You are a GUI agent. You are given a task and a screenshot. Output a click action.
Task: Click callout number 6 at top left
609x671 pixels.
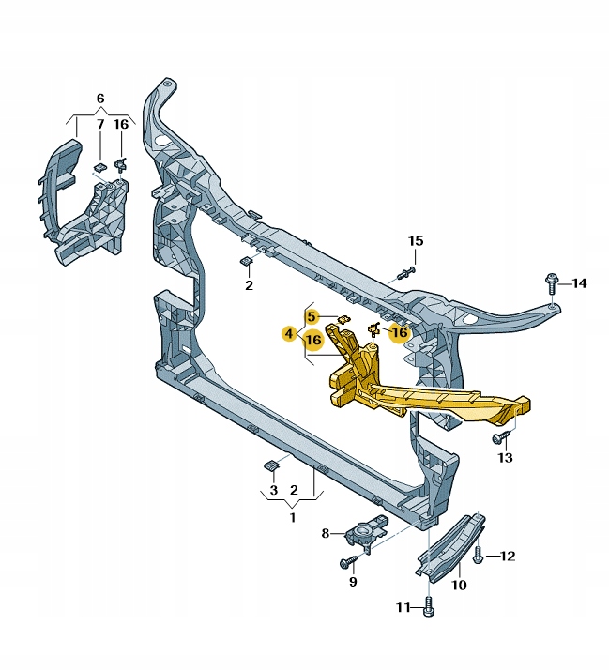(x=100, y=99)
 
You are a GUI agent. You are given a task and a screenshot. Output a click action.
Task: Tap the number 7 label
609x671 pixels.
(x=99, y=124)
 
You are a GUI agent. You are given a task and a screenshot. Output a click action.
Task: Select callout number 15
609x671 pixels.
(x=416, y=242)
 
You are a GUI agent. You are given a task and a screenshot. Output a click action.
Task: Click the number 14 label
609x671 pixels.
(x=579, y=283)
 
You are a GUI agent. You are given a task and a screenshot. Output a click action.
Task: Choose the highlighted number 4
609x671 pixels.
(x=289, y=332)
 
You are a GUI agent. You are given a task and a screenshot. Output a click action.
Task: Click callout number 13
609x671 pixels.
(x=506, y=457)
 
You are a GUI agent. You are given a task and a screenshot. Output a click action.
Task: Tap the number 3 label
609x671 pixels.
(x=273, y=490)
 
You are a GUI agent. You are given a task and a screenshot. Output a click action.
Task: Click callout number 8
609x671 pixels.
(x=326, y=533)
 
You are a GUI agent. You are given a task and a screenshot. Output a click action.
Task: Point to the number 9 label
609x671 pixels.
(x=353, y=582)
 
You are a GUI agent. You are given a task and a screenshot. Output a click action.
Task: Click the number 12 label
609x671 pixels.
(x=508, y=556)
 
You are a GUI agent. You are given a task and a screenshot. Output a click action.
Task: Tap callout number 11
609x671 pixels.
(x=403, y=607)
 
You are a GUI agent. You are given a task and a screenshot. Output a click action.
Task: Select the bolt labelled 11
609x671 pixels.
(x=428, y=607)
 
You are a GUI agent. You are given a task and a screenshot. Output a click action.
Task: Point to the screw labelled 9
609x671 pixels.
(x=348, y=562)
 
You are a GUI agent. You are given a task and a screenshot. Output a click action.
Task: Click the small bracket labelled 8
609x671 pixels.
(x=363, y=532)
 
